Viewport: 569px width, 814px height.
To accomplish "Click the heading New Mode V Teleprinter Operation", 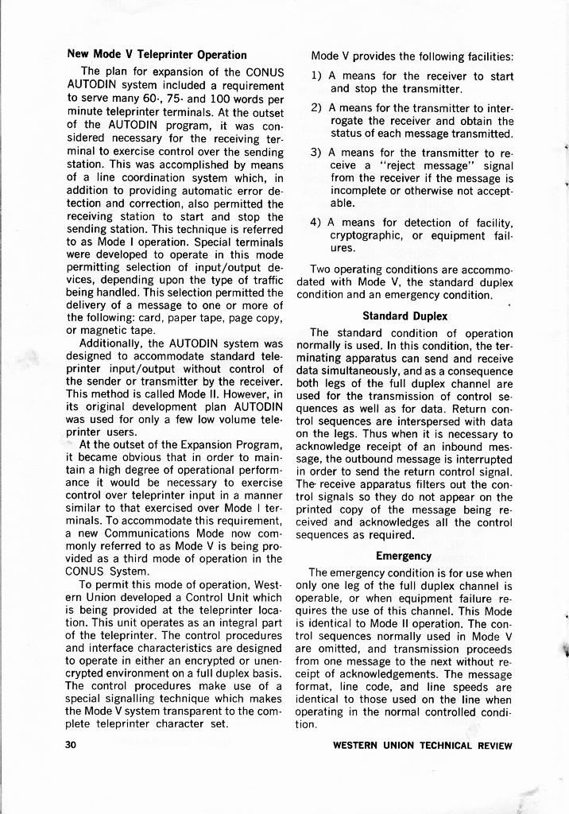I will (157, 55).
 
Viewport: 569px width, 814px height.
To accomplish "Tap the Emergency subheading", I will (404, 556).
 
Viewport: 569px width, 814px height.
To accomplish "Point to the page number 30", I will (72, 745).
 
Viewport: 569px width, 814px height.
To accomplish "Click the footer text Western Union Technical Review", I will (422, 745).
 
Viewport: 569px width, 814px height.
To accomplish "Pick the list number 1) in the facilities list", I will (316, 76).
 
